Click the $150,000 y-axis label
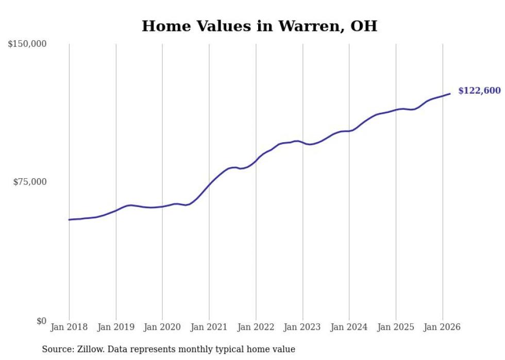27,44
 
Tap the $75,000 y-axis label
29,182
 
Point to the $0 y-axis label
41,321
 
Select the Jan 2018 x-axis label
69,327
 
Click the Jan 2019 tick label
116,327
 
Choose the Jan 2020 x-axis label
162,327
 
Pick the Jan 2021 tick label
209,327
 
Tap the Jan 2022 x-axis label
256,327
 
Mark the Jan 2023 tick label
302,327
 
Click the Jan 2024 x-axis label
349,327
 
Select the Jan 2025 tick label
396,327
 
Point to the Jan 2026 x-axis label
442,327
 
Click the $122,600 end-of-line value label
479,91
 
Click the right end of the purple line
450,94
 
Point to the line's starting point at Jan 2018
70,220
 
